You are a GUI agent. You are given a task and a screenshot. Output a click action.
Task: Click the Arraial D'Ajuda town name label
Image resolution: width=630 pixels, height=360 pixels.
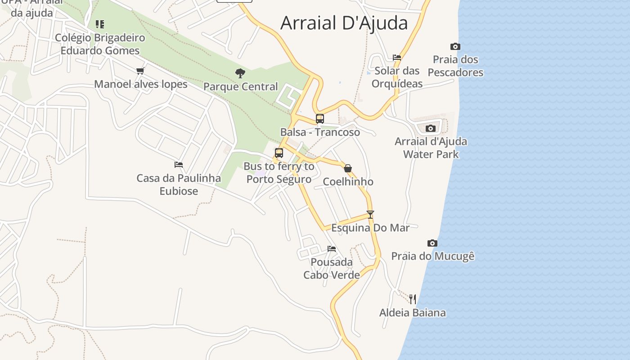click(344, 23)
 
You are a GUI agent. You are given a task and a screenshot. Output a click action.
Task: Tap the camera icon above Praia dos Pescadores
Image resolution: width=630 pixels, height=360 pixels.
click(455, 46)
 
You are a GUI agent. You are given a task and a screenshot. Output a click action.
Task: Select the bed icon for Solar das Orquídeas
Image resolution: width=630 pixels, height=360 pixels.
click(396, 58)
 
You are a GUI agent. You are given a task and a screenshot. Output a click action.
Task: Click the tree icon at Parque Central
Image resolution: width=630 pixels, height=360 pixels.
click(240, 73)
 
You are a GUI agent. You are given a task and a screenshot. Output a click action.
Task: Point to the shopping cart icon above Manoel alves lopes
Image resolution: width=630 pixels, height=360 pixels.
click(140, 71)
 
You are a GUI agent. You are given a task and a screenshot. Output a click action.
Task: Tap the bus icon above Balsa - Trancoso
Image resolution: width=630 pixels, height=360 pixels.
click(319, 119)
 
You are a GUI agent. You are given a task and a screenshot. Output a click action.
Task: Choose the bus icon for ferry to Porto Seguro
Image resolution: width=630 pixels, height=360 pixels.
click(279, 153)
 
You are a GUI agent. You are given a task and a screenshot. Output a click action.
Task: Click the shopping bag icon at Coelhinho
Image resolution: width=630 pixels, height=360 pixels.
click(347, 168)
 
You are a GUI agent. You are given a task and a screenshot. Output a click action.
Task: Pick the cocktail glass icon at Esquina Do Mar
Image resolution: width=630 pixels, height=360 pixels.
click(370, 215)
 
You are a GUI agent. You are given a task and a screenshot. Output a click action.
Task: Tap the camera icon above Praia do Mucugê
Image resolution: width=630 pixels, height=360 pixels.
click(432, 243)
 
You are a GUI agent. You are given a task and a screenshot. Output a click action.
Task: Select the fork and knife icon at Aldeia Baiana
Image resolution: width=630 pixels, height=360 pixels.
click(412, 299)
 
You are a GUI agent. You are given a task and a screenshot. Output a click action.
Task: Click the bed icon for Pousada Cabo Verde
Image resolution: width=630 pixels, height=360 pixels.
click(332, 248)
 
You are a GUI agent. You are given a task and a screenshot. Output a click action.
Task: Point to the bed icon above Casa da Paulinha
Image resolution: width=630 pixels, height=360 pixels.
click(179, 165)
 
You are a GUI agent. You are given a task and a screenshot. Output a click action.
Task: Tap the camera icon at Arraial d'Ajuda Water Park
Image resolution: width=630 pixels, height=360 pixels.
click(430, 128)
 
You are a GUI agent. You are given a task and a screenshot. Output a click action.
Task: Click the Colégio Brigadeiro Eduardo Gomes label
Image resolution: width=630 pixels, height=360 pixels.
click(100, 44)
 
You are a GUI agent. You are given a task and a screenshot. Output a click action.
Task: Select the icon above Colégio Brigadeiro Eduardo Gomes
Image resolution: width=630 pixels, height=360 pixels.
click(100, 24)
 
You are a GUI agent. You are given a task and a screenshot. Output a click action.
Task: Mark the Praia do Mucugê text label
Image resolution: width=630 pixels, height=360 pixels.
click(432, 256)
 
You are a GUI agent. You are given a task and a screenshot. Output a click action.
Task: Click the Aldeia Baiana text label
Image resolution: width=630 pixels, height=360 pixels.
click(412, 313)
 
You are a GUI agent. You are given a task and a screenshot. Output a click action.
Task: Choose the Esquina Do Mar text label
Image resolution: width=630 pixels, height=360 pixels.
click(370, 228)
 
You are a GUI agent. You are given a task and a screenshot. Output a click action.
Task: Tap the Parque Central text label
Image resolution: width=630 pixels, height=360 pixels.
click(240, 86)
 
